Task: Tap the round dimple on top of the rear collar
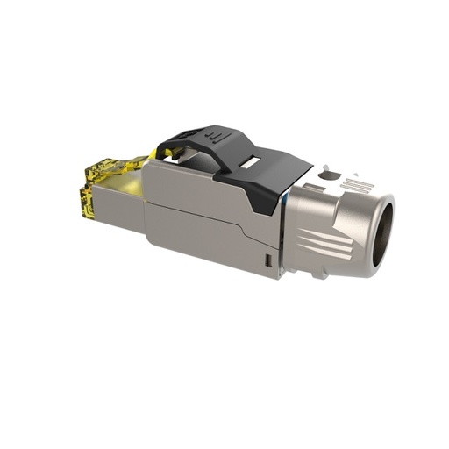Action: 328,175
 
